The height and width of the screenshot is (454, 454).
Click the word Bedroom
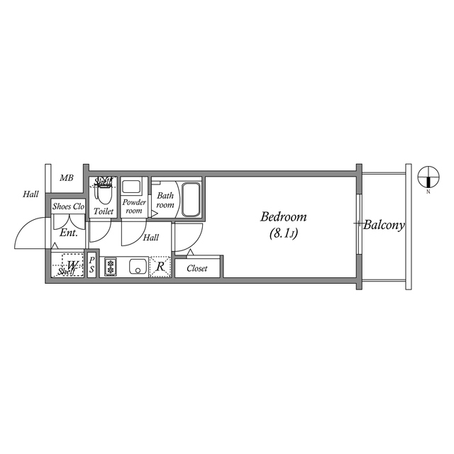pos(282,217)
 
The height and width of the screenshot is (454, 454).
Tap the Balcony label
pos(384,226)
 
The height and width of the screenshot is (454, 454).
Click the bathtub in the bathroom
pos(191,199)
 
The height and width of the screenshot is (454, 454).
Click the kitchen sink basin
pos(137,267)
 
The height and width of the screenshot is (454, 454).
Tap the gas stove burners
pos(111,267)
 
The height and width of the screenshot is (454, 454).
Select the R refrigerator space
pos(160,267)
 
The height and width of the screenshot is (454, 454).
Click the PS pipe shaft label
pos(92,266)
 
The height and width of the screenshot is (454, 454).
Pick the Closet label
pos(197,269)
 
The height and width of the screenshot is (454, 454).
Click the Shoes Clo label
pos(69,207)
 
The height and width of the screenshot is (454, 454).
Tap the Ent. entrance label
pos(69,233)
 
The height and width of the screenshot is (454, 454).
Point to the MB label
pos(66,177)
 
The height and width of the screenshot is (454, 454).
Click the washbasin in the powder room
pos(131,187)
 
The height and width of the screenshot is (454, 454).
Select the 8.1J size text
pos(283,233)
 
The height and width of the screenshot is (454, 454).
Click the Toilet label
pos(104,211)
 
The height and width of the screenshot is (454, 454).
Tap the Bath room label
pos(165,200)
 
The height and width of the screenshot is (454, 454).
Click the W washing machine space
pos(72,265)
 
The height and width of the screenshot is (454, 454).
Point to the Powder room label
pos(134,206)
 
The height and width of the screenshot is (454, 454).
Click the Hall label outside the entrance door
pos(31,194)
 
